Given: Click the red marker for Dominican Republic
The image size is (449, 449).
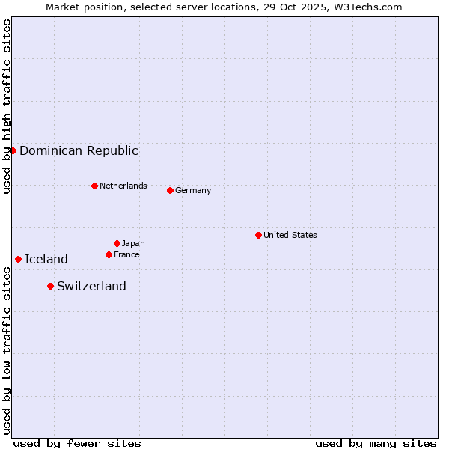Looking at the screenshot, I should point(13,150).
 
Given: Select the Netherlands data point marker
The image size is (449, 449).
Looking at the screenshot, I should point(94,186).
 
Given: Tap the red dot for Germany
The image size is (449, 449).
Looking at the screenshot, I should point(170,190).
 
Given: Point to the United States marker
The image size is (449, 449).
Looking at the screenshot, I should point(258,235).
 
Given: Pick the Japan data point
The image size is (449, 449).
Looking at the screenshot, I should point(117,243).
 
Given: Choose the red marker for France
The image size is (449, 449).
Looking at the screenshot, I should point(109,254).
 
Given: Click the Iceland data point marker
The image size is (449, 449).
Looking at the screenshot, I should point(18,259).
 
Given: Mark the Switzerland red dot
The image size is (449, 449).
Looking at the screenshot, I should point(50,286).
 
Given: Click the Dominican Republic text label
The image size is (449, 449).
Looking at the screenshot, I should point(79,150).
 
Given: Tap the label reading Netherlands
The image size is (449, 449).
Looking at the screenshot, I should point(123,186).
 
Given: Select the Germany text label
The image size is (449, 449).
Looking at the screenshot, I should point(193,190).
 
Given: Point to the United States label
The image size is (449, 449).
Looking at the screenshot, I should point(290,235).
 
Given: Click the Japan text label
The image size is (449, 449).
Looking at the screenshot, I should point(133,243).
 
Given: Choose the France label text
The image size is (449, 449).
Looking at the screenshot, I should point(126,254).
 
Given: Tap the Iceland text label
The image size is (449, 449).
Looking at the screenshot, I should point(46,259).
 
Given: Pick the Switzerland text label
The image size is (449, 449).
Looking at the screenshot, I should point(91,286).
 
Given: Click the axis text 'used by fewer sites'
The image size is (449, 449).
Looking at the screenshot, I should point(77,443).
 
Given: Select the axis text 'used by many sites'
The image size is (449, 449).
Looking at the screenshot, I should point(376,443).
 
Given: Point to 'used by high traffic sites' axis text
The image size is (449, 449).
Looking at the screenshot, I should point(7,106).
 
